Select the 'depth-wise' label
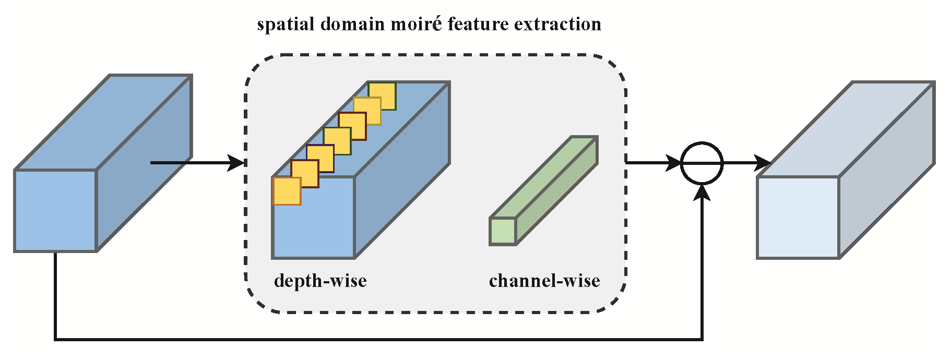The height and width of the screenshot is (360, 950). click(320, 281)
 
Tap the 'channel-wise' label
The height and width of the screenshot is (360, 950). click(544, 281)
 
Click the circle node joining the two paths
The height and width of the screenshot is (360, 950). click(702, 163)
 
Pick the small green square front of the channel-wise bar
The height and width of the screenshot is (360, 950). click(503, 231)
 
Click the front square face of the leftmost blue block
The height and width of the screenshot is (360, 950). click(55, 211)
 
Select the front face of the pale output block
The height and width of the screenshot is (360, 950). click(798, 218)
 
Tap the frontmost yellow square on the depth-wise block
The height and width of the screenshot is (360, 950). click(287, 191)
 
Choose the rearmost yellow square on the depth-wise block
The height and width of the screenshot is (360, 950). click(382, 96)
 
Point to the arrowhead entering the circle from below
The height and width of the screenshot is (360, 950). click(703, 192)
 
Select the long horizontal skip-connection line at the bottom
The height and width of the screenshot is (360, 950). click(379, 340)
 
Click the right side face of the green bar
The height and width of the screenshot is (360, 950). click(557, 190)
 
